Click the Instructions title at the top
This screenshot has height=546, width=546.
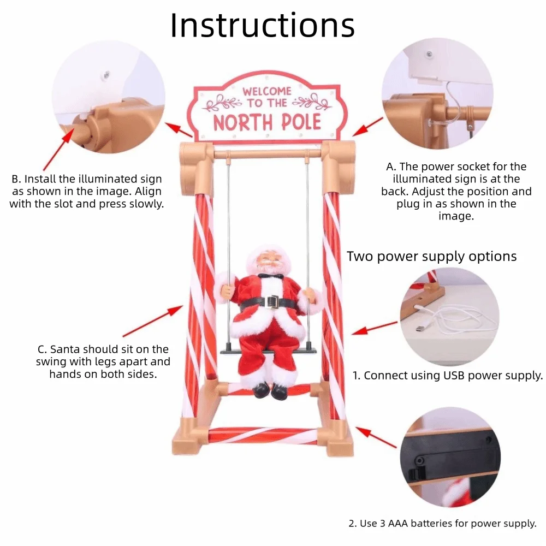262,25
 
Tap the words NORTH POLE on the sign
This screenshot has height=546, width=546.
267,122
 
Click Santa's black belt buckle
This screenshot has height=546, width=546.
272,302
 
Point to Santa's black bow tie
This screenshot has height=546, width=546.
271,276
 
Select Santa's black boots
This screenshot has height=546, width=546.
270,390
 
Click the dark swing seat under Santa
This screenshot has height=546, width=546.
268,351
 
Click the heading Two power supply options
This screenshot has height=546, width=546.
431,256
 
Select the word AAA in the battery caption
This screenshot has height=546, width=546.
399,524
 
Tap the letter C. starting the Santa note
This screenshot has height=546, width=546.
42,349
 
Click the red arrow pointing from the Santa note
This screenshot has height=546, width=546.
153,322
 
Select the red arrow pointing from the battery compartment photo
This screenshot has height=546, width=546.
376,437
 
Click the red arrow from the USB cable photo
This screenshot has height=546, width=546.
375,328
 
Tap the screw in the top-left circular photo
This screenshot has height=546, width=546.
106,74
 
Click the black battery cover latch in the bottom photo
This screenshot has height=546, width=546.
417,474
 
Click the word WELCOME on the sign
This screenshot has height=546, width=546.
267,92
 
